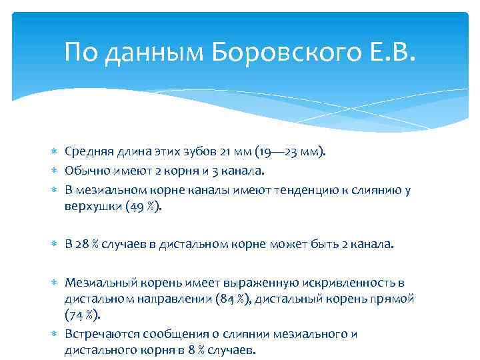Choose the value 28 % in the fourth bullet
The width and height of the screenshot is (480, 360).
[87, 245]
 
